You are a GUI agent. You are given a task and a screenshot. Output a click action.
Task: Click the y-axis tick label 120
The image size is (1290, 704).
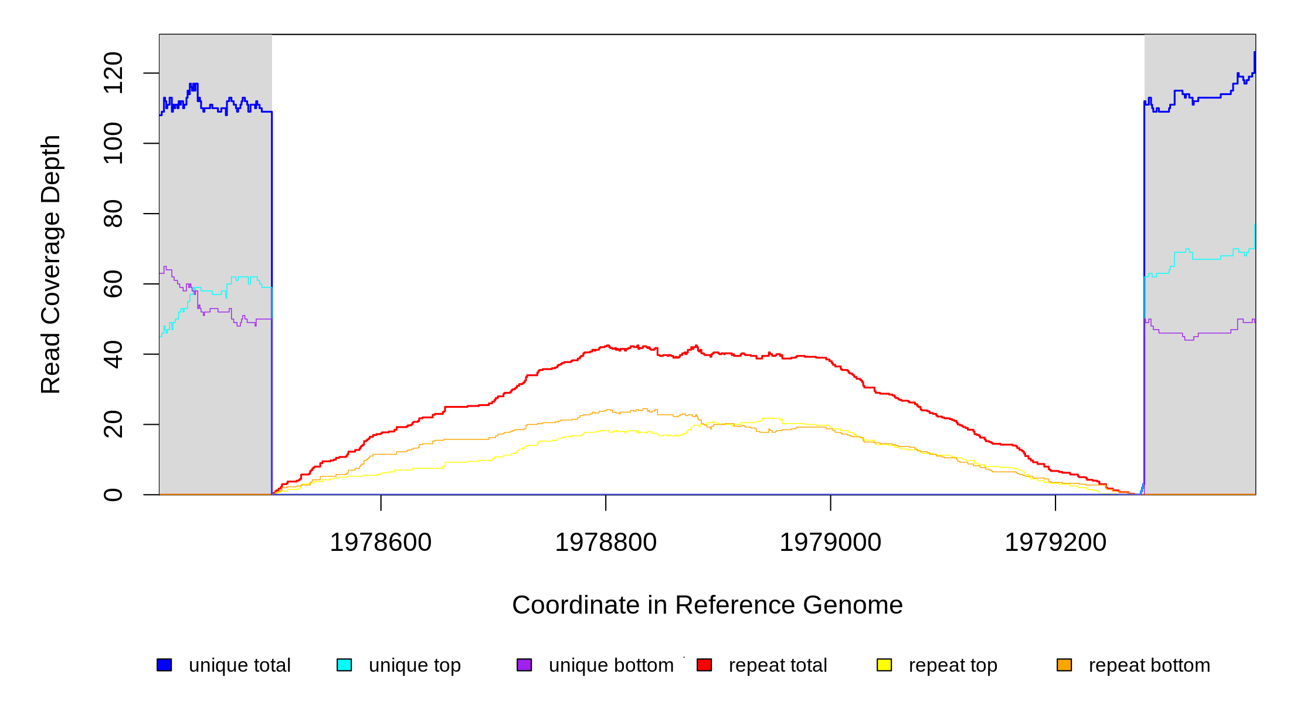(x=113, y=73)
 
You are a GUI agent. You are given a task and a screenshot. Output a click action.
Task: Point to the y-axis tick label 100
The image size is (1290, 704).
(x=113, y=143)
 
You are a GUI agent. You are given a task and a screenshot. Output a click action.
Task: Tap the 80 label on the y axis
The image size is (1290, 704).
(x=113, y=214)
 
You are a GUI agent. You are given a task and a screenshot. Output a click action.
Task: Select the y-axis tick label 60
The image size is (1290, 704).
(x=113, y=284)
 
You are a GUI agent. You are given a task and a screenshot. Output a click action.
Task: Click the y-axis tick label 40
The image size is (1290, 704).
(x=113, y=354)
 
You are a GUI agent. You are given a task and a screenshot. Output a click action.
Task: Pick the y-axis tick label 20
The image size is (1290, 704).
(x=113, y=424)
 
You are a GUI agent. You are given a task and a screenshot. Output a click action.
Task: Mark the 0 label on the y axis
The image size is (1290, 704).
(x=113, y=495)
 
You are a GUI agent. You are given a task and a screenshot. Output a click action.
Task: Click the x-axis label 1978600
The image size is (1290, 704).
(x=381, y=542)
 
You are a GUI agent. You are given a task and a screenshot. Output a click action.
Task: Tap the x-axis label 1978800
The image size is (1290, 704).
(x=606, y=542)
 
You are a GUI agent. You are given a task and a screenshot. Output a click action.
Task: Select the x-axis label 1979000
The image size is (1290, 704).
(x=830, y=542)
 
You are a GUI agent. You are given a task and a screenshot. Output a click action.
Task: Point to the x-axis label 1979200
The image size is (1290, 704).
(x=1055, y=542)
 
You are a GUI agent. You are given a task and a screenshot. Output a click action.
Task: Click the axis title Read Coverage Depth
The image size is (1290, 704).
(x=51, y=264)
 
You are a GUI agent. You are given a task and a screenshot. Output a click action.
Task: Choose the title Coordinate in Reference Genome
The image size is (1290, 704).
(x=707, y=605)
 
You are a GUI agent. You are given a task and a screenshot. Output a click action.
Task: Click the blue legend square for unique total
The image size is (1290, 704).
(x=164, y=665)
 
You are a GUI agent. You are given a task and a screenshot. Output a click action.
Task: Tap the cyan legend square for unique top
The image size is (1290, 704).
(x=344, y=665)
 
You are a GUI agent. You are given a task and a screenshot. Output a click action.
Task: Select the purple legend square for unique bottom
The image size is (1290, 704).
(x=524, y=665)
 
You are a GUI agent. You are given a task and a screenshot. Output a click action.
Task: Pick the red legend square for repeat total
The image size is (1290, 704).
(x=704, y=665)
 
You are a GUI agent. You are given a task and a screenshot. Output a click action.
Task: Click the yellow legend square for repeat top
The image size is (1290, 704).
(x=884, y=665)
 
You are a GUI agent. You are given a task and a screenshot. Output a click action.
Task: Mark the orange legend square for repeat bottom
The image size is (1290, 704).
(x=1064, y=665)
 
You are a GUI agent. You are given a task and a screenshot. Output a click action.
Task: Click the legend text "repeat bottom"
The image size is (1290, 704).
(x=1149, y=665)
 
